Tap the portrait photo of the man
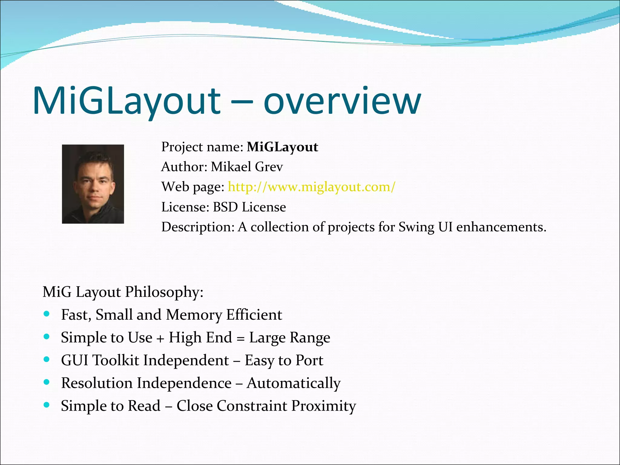[93, 184]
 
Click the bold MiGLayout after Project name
[282, 147]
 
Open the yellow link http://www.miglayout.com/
[312, 187]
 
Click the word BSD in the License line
[225, 207]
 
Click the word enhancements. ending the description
[501, 227]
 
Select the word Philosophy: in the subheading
[164, 292]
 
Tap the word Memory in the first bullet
[194, 315]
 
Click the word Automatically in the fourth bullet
[293, 383]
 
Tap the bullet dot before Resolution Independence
[46, 382]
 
